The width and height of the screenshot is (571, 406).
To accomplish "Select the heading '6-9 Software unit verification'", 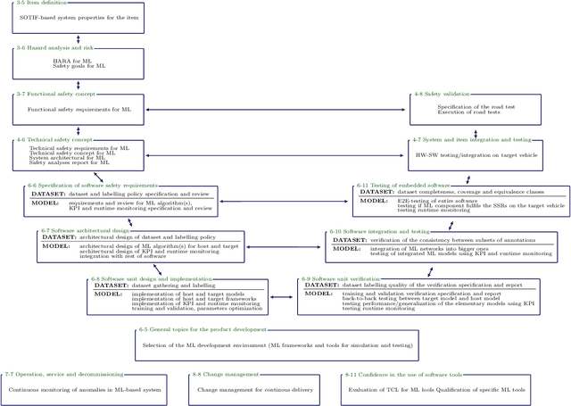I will point(343,278).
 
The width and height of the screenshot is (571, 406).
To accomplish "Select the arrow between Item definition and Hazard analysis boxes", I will point(78,39).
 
